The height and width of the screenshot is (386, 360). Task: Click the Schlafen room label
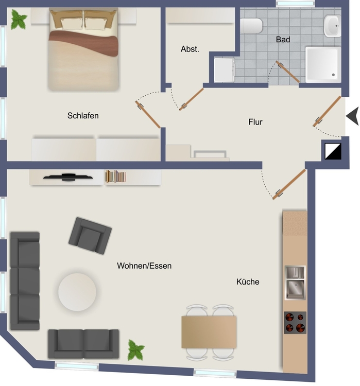(x=83, y=115)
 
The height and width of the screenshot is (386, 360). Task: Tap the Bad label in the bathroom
(x=283, y=40)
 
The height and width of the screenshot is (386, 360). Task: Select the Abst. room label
(x=190, y=49)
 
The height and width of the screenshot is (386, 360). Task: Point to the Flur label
(x=255, y=122)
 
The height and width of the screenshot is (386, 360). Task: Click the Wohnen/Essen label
(x=144, y=266)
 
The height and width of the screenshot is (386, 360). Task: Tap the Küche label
(x=248, y=282)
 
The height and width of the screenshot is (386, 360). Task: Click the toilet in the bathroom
(x=251, y=26)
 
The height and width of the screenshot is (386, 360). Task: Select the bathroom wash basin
(x=332, y=26)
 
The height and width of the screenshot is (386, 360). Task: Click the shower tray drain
(x=333, y=75)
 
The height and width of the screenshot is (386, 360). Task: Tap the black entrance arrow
(x=353, y=116)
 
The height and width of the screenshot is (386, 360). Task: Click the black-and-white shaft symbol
(x=333, y=151)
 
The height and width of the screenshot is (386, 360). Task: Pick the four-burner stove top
(x=295, y=323)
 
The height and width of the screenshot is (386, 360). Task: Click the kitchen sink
(x=295, y=283)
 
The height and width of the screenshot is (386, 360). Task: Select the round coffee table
(x=77, y=292)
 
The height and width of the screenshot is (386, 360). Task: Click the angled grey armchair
(x=90, y=236)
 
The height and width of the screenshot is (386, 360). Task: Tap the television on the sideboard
(x=68, y=177)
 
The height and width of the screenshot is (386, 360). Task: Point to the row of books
(x=115, y=176)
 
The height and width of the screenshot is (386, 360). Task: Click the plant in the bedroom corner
(x=19, y=20)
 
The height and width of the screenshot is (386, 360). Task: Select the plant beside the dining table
(x=136, y=350)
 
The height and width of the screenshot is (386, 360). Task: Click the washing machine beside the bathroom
(x=225, y=70)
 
